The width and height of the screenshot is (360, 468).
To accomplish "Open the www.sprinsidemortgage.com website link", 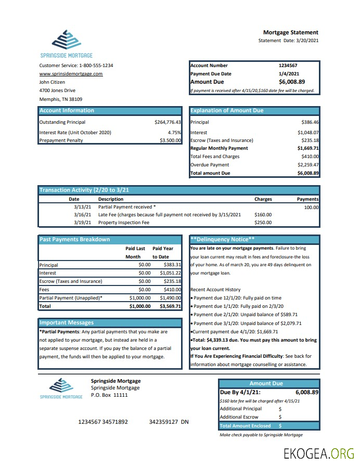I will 71,74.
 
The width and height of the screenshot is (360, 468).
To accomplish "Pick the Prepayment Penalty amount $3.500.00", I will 170,140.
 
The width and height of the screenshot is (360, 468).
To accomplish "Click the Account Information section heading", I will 67,111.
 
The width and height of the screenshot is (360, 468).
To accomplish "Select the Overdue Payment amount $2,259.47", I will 308,165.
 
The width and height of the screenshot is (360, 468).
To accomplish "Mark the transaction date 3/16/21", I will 83,214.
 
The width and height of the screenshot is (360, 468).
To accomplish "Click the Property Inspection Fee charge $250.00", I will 263,223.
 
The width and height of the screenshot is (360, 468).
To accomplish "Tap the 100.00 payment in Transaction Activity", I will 311,207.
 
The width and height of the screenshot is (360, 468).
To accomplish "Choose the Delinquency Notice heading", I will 223,240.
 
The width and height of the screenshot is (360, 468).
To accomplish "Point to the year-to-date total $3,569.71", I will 170,307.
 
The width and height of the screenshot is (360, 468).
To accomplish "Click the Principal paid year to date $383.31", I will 172,265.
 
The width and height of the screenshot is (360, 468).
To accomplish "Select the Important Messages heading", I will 67,323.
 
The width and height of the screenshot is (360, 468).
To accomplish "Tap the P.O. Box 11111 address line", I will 109,395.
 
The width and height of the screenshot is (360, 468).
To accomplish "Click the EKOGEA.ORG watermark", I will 318,453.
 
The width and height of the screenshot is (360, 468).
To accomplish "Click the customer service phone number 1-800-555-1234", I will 96,66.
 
